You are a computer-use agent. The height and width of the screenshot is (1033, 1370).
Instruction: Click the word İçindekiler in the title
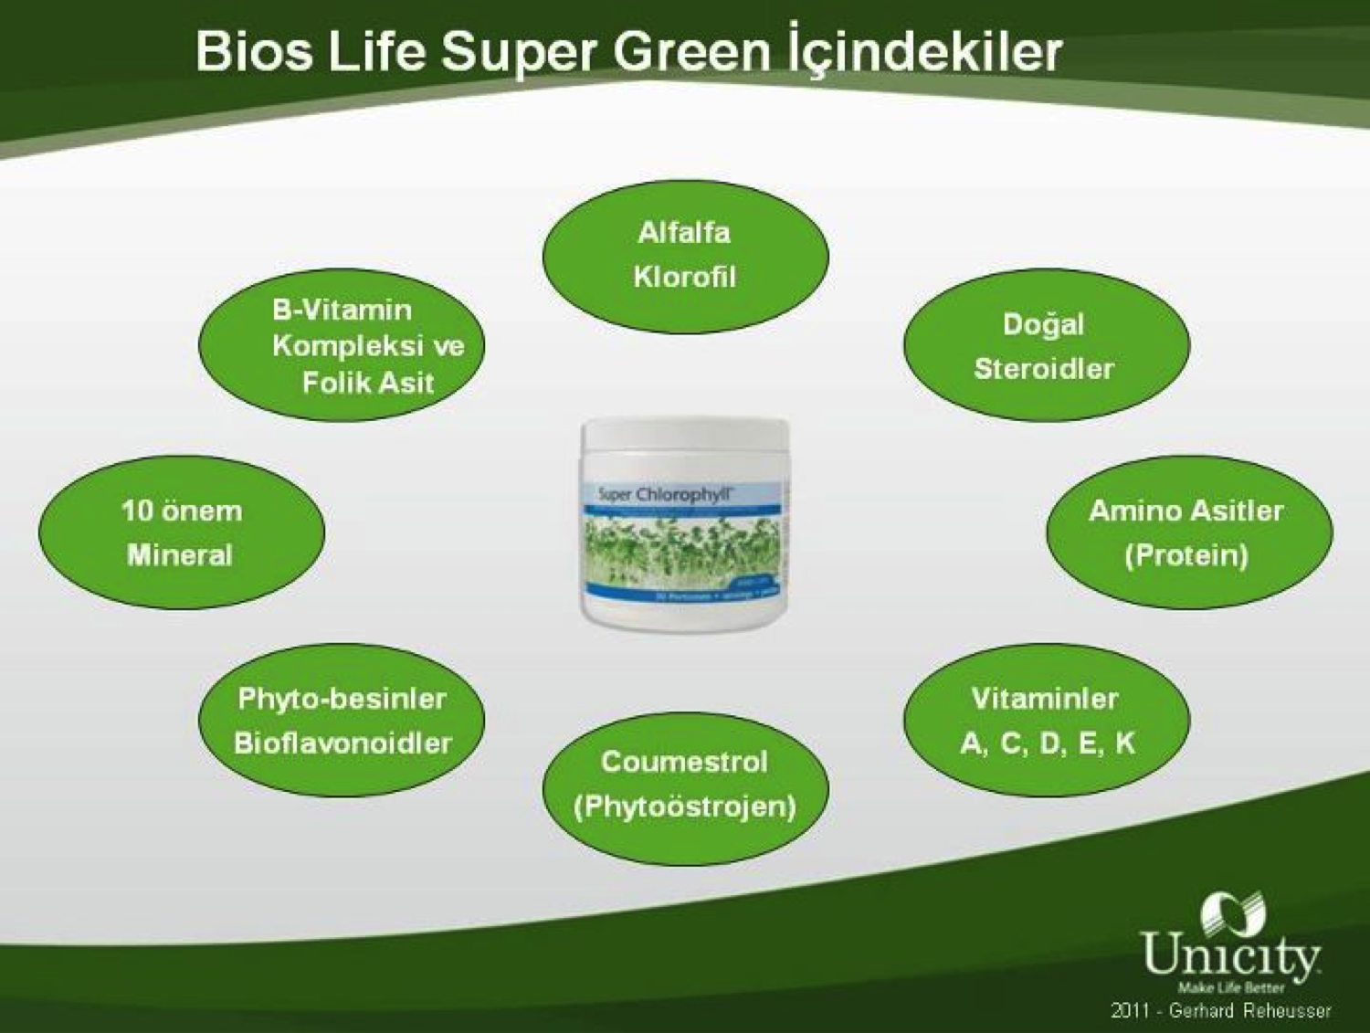point(923,51)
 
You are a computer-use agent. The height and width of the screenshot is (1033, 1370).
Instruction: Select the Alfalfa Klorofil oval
point(685,256)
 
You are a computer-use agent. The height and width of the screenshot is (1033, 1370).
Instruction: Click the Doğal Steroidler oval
point(1046,346)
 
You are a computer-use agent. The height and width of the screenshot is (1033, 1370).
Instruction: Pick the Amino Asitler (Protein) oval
point(1187,532)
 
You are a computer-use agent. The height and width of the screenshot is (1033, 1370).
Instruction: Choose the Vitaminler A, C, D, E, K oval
point(1046,721)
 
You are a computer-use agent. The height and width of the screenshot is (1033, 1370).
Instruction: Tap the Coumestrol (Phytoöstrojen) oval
point(685,785)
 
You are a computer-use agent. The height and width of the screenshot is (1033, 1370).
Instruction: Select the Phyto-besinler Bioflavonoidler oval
point(342,721)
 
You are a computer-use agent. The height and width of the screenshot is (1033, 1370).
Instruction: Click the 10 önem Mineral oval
point(181,532)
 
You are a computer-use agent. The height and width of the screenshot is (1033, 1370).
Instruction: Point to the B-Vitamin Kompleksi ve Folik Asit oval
point(342,346)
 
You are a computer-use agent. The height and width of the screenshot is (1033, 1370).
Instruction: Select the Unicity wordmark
point(1229,954)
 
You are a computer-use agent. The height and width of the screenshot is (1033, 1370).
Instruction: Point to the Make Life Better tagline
point(1230,987)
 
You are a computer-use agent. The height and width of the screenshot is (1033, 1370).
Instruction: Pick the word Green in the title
point(692,51)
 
